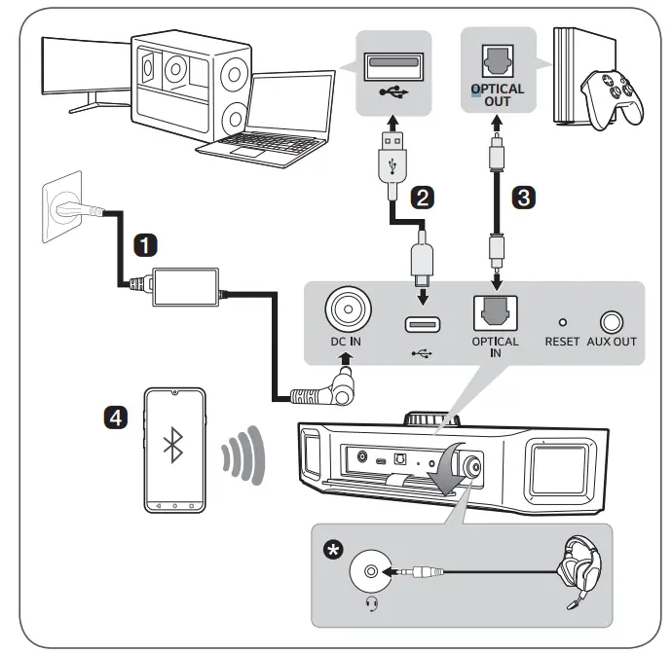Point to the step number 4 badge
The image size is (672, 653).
pyautogui.click(x=115, y=417)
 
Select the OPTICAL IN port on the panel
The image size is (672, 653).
pyautogui.click(x=495, y=311)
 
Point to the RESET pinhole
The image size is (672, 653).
pyautogui.click(x=562, y=320)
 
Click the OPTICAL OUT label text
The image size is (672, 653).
pyautogui.click(x=498, y=94)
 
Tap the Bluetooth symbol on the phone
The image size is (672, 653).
pyautogui.click(x=175, y=447)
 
